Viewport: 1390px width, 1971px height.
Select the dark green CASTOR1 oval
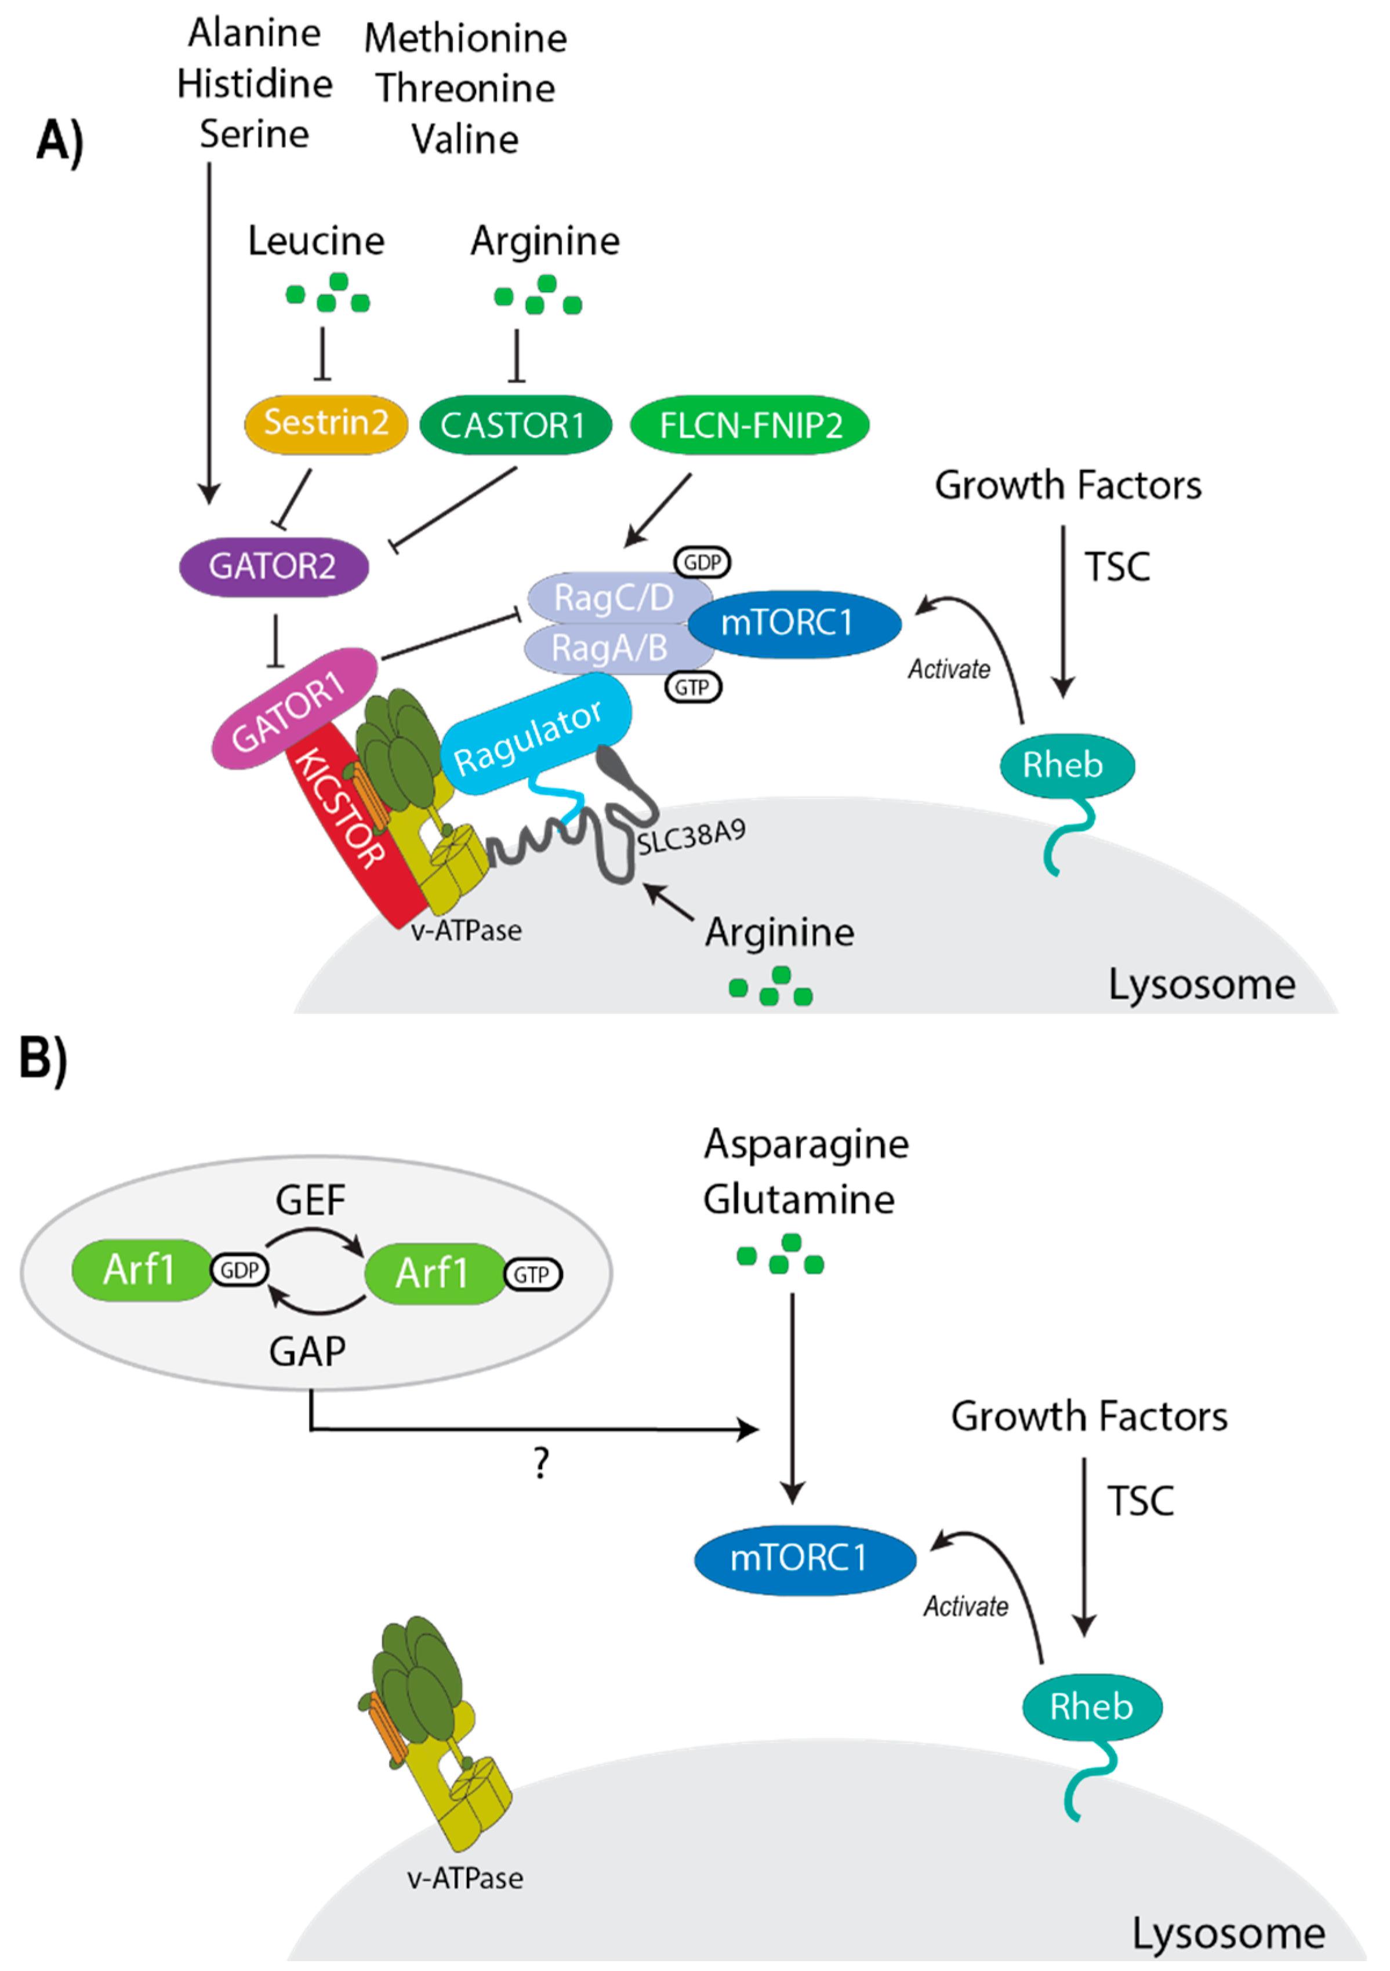coord(514,425)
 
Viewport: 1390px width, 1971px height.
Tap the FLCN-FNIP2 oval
coord(750,425)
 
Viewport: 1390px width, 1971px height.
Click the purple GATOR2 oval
coord(273,566)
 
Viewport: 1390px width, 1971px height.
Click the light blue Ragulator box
coord(532,734)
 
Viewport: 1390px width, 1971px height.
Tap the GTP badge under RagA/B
coord(692,687)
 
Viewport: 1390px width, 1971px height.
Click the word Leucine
coord(316,241)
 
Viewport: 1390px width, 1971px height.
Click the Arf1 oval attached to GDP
coord(140,1270)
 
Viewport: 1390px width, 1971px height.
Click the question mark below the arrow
coord(541,1462)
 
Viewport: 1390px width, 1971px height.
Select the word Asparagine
coord(805,1144)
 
